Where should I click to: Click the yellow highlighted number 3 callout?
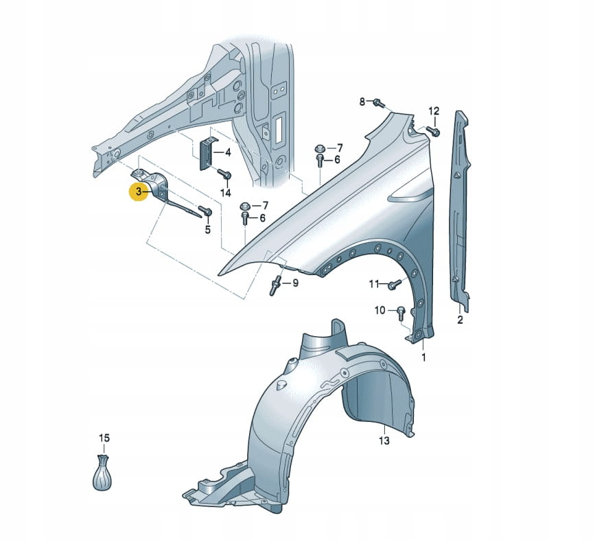139,192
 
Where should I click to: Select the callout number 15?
104,438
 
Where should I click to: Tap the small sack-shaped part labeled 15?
102,473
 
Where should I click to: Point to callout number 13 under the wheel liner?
384,441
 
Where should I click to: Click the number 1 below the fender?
423,357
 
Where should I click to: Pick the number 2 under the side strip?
460,320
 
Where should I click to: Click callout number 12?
433,111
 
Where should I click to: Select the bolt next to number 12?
432,130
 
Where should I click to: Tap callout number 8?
363,102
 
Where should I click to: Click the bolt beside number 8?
377,104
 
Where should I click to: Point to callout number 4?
228,152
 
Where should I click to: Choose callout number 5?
208,230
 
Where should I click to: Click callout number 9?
296,283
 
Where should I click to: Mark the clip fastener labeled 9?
276,285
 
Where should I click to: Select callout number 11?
373,283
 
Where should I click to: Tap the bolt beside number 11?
393,285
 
